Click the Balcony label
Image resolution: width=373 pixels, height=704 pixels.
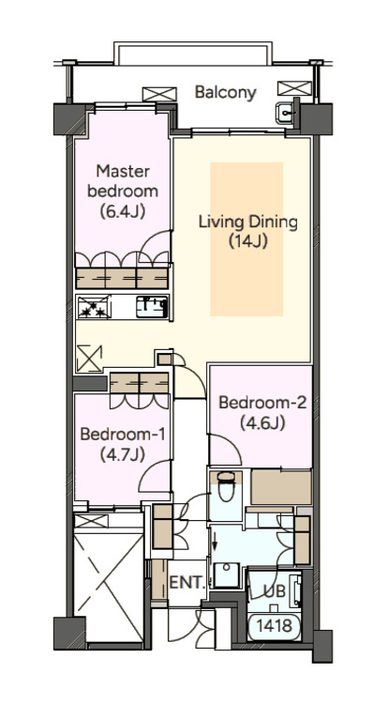pos(226,93)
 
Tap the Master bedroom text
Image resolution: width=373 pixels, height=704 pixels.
pos(123,181)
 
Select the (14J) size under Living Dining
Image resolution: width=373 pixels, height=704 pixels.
pos(248,241)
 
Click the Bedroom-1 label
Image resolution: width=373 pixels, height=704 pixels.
pos(123,435)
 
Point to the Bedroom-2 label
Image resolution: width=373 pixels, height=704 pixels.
pos(262,403)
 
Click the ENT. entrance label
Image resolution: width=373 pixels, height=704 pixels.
pos(186,582)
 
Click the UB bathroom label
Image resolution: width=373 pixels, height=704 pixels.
pos(274,590)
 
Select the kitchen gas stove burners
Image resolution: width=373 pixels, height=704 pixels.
pos(94,307)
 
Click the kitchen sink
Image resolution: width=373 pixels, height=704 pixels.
pos(152,307)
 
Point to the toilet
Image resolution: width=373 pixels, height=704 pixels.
pos(225,486)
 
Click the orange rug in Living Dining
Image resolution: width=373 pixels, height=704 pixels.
pos(246,238)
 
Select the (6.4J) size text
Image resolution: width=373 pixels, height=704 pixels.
pos(123,211)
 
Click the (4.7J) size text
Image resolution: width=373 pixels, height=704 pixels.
pos(123,454)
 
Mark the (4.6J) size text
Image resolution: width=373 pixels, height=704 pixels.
pos(262,423)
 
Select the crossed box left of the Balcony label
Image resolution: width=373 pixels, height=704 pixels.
pos(159,94)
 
